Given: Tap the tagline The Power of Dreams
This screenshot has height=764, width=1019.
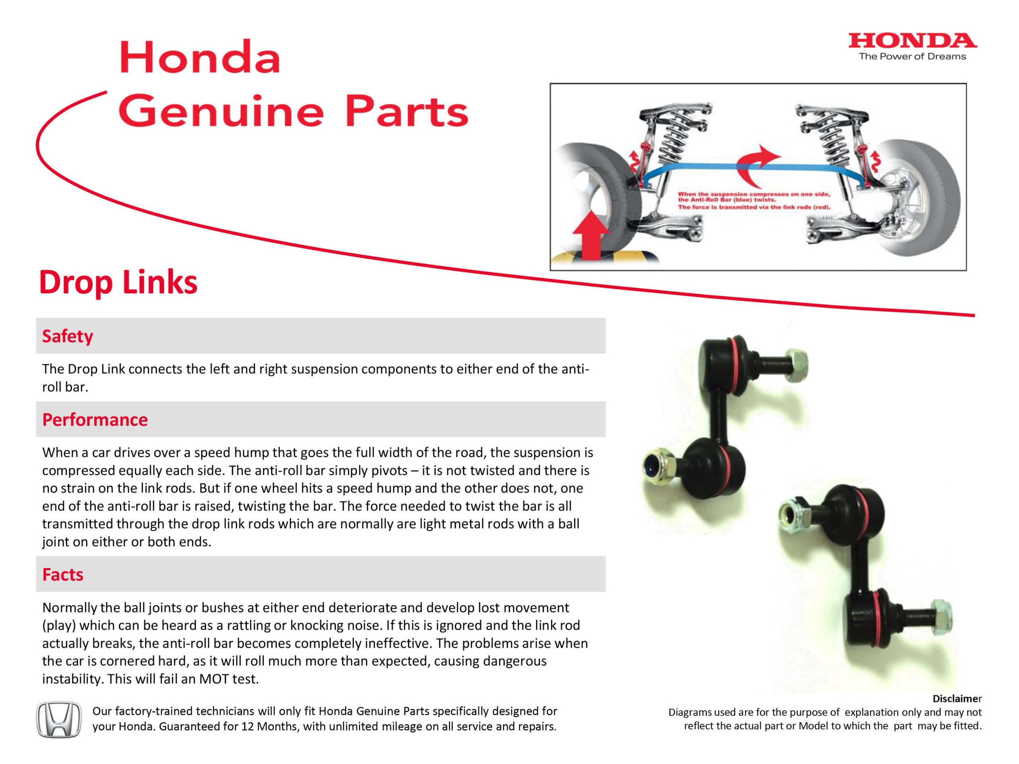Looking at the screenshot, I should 912,57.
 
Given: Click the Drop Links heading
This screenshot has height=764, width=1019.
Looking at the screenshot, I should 118,282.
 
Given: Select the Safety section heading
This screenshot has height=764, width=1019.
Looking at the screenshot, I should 67,336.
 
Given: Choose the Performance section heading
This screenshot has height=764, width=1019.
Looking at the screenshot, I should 95,419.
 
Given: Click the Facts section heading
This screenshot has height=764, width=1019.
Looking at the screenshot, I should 62,574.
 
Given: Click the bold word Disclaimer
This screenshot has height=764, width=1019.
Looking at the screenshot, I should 957,698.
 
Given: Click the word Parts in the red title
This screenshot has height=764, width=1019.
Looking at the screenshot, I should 406,112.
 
